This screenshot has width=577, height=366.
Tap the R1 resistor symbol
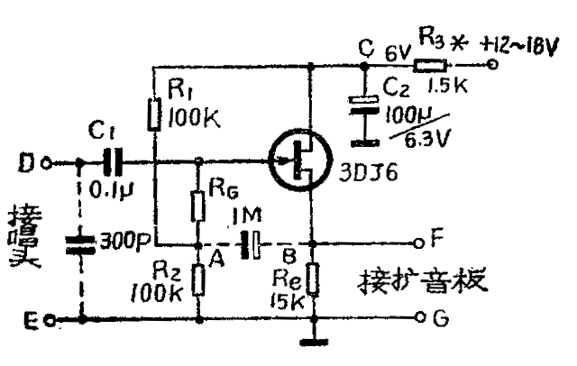point(155,114)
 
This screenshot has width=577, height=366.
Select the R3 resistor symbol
point(431,65)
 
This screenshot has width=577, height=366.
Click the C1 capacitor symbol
point(111,163)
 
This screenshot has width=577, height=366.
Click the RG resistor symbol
point(198,206)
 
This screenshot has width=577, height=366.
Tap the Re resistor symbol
point(311,277)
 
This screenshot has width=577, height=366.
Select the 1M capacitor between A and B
point(251,244)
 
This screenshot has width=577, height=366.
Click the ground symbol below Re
point(311,341)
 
